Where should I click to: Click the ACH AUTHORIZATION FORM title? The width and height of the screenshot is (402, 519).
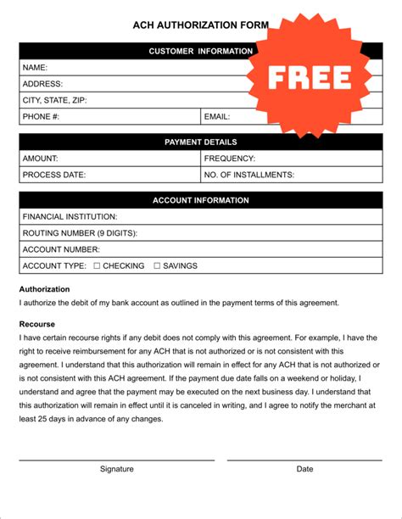pyautogui.click(x=200, y=25)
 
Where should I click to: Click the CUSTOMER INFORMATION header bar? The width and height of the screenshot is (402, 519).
pyautogui.click(x=136, y=51)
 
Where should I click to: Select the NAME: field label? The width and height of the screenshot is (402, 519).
pyautogui.click(x=35, y=67)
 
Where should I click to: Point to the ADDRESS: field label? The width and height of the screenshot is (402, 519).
pyautogui.click(x=42, y=84)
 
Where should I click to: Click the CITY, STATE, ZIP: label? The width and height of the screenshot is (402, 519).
pyautogui.click(x=54, y=100)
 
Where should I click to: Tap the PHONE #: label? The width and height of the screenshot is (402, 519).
pyautogui.click(x=41, y=116)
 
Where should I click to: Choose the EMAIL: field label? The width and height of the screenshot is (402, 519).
pyautogui.click(x=217, y=116)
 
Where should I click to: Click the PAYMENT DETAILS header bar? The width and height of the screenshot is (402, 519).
pyautogui.click(x=200, y=142)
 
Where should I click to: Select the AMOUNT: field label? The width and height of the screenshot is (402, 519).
pyautogui.click(x=40, y=159)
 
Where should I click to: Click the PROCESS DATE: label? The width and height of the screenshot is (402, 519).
pyautogui.click(x=54, y=175)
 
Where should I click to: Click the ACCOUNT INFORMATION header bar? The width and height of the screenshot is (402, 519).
pyautogui.click(x=200, y=200)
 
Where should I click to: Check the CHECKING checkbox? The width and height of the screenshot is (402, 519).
pyautogui.click(x=97, y=265)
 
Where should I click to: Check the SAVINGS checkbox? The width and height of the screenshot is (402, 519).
pyautogui.click(x=157, y=265)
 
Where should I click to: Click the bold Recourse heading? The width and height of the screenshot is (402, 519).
pyautogui.click(x=37, y=324)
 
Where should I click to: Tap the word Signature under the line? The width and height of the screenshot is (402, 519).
pyautogui.click(x=117, y=468)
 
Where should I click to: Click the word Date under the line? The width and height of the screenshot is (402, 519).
pyautogui.click(x=304, y=468)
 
